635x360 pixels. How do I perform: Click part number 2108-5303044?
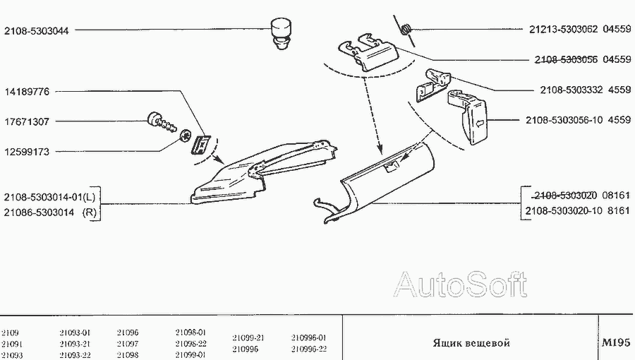tap(37, 31)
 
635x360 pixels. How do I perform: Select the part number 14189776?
tap(27, 92)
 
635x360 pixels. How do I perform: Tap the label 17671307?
tap(27, 121)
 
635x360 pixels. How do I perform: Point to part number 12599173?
tap(27, 152)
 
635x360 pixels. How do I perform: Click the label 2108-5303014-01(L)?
tap(50, 197)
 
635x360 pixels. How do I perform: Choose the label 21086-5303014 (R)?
tap(50, 212)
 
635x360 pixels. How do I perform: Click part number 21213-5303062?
tap(563, 29)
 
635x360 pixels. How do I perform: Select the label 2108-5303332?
tap(571, 90)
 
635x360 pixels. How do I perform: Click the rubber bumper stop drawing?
tap(281, 33)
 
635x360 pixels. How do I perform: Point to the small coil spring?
tap(406, 30)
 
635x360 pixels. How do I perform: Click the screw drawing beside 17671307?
tap(162, 122)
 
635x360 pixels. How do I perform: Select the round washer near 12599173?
tap(185, 136)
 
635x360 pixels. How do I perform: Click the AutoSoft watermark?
tap(461, 284)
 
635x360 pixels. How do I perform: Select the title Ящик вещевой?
tap(471, 343)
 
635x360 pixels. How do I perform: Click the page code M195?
tap(616, 342)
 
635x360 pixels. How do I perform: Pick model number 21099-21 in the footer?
tap(248, 337)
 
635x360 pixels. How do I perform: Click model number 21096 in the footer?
tap(128, 332)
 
